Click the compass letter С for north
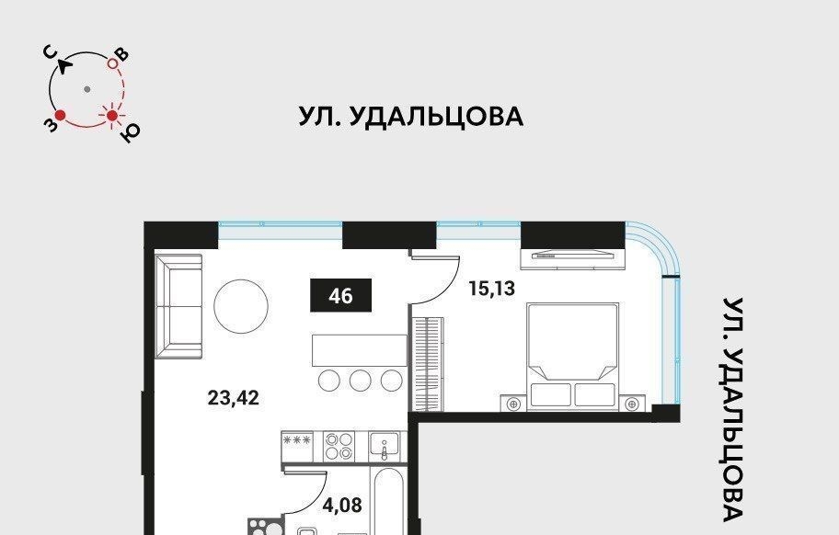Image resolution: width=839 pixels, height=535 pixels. click(52, 53)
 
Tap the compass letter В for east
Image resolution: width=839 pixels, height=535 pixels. click(123, 54)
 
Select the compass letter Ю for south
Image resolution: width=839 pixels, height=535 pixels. click(130, 133)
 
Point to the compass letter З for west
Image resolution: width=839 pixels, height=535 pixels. click(50, 125)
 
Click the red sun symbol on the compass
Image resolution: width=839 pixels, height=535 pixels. click(112, 116)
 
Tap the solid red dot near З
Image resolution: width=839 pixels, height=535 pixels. click(61, 115)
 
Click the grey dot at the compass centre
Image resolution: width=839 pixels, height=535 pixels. click(87, 89)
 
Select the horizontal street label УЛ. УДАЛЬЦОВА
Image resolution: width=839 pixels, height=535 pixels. click(411, 117)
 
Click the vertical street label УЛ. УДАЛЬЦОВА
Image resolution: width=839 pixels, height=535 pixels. click(733, 409)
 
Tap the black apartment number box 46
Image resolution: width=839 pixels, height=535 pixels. click(341, 296)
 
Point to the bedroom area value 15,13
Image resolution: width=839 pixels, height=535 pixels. click(492, 289)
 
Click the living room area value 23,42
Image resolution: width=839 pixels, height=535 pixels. click(233, 398)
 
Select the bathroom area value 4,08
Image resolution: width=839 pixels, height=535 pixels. click(342, 505)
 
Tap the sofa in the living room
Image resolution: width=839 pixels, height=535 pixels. click(178, 307)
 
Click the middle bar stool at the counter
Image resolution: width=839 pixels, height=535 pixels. click(361, 380)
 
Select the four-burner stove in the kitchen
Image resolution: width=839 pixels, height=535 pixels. click(339, 446)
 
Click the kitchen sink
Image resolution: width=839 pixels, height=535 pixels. click(385, 446)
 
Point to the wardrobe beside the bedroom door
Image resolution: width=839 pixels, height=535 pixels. click(427, 364)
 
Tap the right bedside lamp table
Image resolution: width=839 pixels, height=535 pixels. click(632, 404)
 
